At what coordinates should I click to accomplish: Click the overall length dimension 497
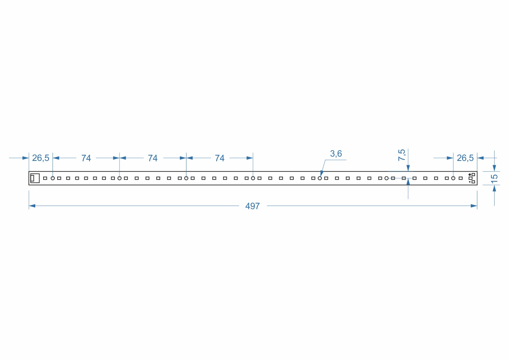(252, 206)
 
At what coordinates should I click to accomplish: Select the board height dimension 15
(494, 179)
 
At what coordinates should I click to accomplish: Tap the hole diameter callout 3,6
(336, 154)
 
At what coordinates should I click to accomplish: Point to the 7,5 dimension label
(401, 155)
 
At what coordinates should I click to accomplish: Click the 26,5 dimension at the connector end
(41, 158)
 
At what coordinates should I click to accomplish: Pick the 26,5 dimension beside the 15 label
(465, 158)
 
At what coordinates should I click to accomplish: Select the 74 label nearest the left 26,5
(86, 158)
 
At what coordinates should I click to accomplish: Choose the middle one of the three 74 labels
(153, 158)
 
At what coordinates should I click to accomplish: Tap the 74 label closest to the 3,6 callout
(220, 158)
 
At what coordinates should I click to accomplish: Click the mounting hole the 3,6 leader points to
(320, 179)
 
